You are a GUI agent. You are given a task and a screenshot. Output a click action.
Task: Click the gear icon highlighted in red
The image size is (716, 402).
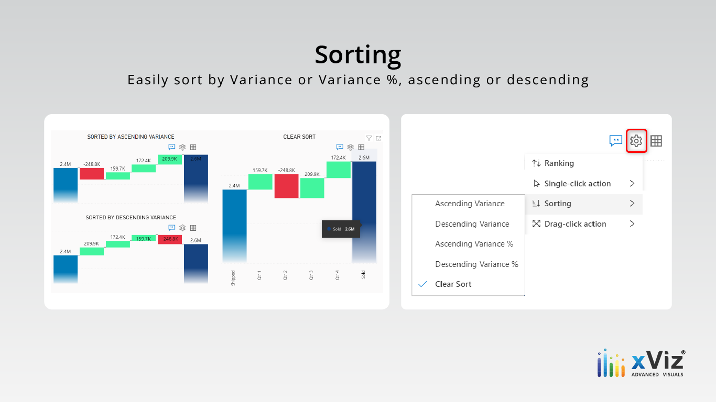636,141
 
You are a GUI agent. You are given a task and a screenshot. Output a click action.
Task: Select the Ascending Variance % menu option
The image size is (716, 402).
474,244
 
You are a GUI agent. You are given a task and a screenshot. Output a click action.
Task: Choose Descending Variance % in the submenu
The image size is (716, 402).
476,264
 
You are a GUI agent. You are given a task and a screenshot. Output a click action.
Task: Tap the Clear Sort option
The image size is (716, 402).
453,284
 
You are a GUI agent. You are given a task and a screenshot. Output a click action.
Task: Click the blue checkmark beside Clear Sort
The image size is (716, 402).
422,284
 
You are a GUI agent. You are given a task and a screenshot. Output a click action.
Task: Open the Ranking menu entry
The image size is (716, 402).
559,163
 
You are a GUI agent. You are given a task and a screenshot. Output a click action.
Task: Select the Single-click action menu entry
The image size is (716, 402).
577,184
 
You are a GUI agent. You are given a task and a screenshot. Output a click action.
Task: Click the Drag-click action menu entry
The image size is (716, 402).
575,224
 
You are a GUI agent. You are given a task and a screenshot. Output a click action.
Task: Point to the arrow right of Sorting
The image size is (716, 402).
632,204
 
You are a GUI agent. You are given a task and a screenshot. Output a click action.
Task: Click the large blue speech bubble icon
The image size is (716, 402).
616,141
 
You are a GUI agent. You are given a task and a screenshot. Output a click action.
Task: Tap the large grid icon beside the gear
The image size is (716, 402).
656,141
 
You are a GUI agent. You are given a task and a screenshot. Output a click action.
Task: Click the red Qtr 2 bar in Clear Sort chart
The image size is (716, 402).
286,186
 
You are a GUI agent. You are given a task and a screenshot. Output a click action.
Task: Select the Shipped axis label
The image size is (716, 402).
233,278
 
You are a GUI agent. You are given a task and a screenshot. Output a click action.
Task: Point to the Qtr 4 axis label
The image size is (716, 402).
337,275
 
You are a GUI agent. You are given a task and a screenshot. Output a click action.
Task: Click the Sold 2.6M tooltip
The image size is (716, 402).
341,229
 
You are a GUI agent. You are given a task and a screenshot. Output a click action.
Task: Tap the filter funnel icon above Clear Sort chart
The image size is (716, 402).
369,138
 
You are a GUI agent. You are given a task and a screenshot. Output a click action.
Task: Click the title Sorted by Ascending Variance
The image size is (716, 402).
131,137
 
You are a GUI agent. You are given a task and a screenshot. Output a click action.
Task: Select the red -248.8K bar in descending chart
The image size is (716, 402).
170,240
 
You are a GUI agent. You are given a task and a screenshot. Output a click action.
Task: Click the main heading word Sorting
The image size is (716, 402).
358,55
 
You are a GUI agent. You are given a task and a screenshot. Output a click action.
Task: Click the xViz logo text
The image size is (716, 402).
658,362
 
